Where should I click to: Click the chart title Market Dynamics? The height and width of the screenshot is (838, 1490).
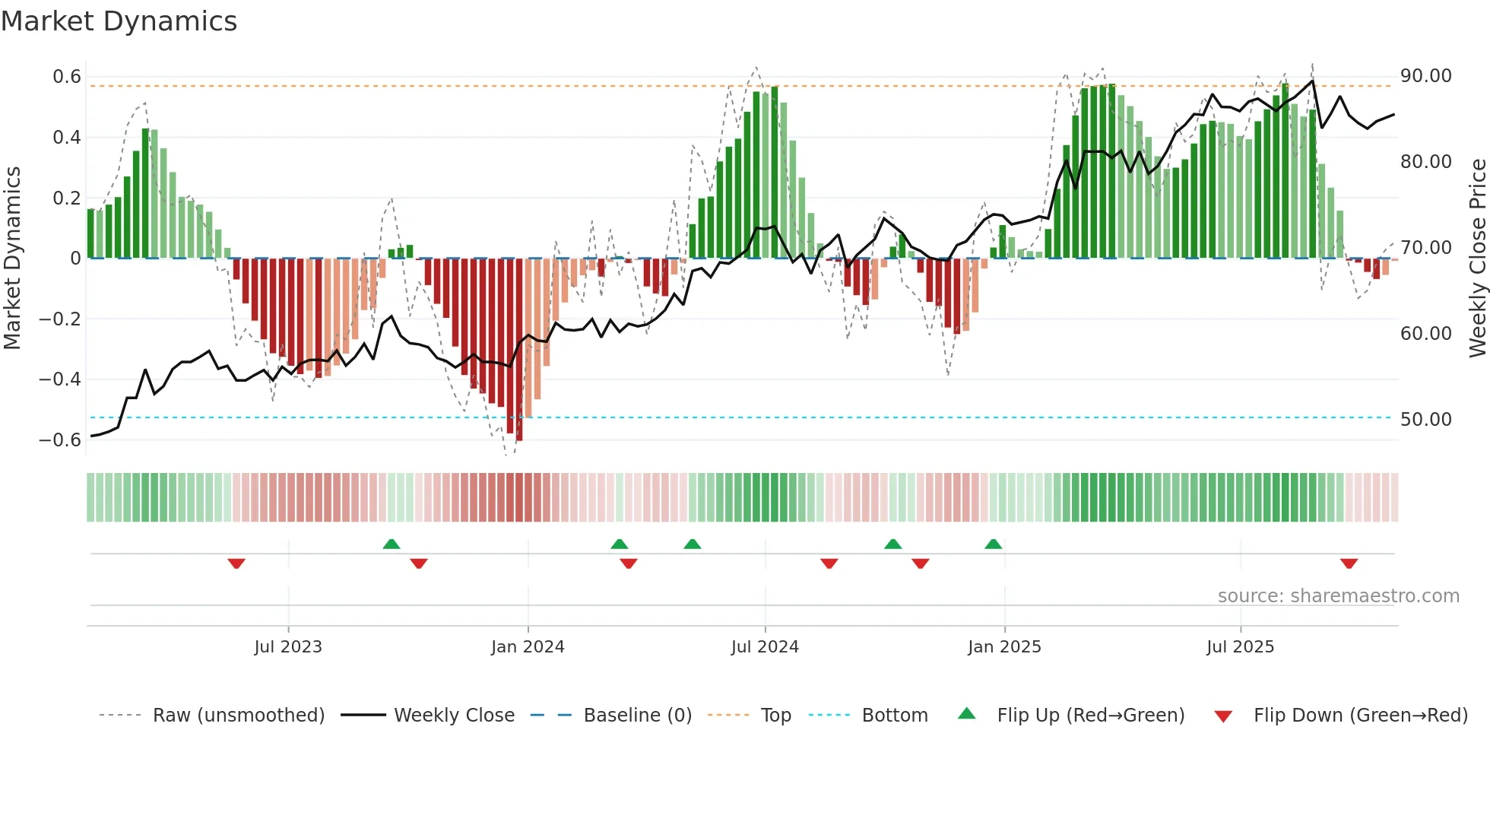tap(119, 21)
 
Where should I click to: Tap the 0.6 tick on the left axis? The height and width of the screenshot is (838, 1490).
tap(67, 77)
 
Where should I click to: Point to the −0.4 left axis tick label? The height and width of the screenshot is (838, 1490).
tap(60, 379)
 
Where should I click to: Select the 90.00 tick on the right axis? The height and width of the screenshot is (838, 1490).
tap(1425, 76)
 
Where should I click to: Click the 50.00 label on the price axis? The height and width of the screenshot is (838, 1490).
tap(1425, 420)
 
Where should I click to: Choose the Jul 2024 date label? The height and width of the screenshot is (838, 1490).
tap(765, 647)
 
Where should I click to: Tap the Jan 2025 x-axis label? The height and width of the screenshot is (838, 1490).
tap(1004, 647)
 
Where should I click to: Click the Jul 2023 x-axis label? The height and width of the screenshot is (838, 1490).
tap(288, 647)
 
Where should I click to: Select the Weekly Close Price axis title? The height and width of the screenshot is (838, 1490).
tap(1477, 259)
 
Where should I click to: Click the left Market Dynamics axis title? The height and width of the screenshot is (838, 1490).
tap(12, 259)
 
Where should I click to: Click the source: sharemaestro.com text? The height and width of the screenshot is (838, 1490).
tap(1338, 596)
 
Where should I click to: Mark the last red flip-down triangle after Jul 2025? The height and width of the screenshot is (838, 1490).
tap(1349, 563)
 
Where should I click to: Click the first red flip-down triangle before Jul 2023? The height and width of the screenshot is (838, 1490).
tap(236, 563)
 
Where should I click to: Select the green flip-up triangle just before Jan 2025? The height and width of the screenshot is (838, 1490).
tap(993, 544)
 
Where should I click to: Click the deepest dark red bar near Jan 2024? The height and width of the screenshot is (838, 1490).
tap(519, 350)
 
